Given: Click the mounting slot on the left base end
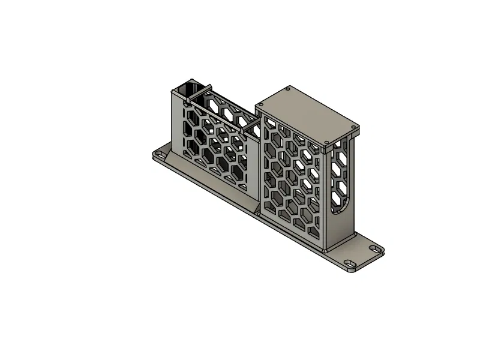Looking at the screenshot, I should (161, 155).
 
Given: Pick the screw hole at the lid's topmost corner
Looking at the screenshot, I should (289, 89).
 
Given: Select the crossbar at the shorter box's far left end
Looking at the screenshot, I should (202, 92).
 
